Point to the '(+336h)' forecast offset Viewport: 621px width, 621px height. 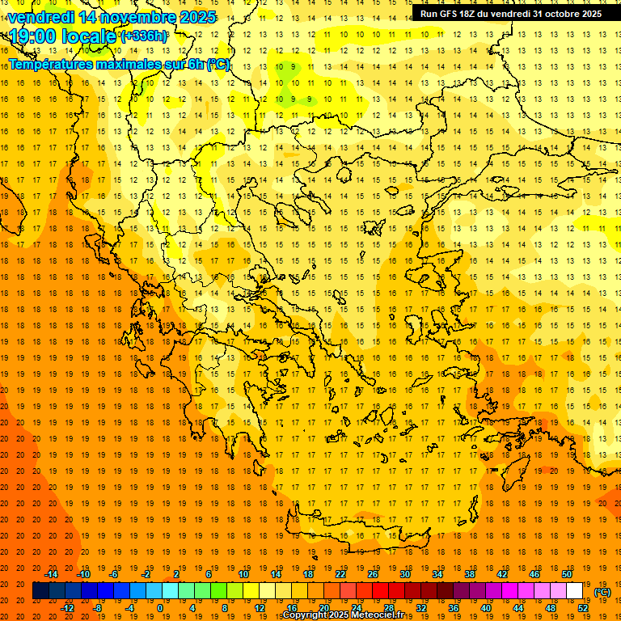point(145,36)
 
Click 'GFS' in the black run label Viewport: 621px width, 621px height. point(446,14)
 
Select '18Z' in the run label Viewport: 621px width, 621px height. point(468,14)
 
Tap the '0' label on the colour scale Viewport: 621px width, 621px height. point(160,608)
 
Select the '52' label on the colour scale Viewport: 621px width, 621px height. point(583,608)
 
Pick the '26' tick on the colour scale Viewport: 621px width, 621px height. point(372,574)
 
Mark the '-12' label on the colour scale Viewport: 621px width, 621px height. point(68,608)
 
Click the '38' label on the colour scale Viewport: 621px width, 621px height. point(469,574)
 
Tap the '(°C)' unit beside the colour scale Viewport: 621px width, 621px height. point(602,592)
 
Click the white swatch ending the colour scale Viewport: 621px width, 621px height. point(574,591)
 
